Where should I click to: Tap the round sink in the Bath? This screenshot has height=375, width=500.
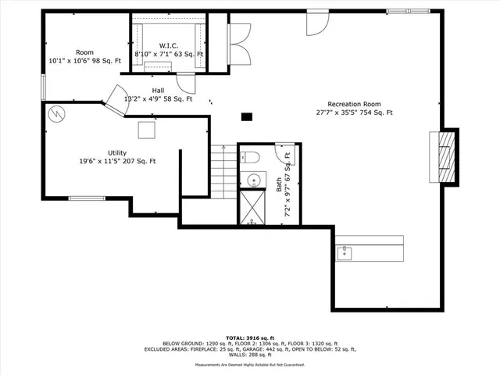pyautogui.click(x=252, y=181)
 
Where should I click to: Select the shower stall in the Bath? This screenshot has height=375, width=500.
pyautogui.click(x=252, y=209)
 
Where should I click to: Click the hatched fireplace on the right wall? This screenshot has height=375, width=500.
pyautogui.click(x=446, y=156)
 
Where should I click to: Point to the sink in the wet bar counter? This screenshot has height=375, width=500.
pyautogui.click(x=343, y=252)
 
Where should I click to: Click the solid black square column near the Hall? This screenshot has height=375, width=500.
pyautogui.click(x=247, y=117)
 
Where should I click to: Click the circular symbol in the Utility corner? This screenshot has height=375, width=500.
pyautogui.click(x=55, y=114)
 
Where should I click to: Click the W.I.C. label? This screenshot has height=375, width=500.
pyautogui.click(x=170, y=45)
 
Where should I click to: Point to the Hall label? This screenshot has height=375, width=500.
pyautogui.click(x=159, y=91)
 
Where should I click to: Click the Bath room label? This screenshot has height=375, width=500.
pyautogui.click(x=279, y=185)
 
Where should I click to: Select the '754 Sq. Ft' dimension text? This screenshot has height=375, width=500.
pyautogui.click(x=376, y=112)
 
